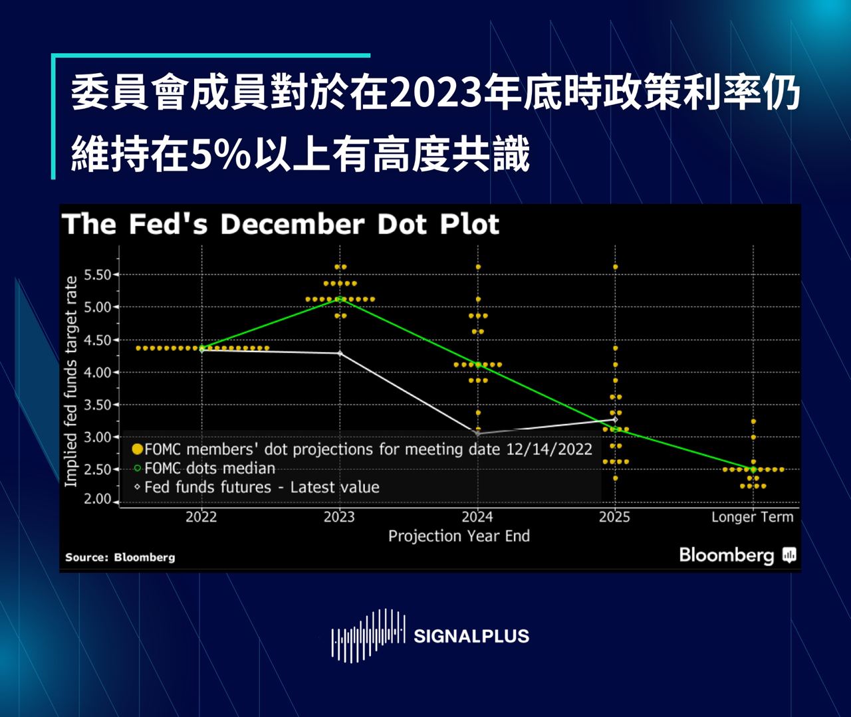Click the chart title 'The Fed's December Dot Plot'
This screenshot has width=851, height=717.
(280, 225)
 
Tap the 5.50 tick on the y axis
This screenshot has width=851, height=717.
(97, 274)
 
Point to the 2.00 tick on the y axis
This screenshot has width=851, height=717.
(97, 499)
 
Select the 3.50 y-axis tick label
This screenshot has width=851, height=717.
(97, 405)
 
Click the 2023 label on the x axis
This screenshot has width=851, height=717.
(339, 517)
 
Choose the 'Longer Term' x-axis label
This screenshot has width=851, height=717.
(752, 517)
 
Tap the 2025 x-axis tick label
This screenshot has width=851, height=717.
(614, 517)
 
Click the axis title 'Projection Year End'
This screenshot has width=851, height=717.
(459, 536)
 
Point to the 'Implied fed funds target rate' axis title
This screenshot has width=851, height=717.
(70, 381)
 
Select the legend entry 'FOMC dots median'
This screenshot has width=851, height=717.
(209, 468)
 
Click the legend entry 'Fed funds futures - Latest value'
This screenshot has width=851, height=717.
(261, 487)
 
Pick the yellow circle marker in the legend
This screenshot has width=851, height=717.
(138, 449)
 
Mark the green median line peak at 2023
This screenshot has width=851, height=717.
(340, 299)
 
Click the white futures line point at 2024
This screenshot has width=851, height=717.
(477, 433)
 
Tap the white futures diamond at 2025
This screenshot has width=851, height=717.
(615, 419)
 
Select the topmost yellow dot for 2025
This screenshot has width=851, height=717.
(615, 267)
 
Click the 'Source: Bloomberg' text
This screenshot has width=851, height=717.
(120, 558)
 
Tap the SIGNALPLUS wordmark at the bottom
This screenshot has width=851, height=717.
(471, 636)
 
